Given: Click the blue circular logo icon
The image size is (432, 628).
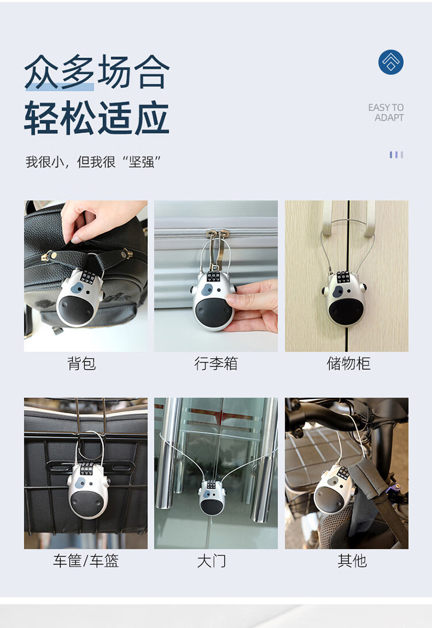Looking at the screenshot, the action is click(391, 62).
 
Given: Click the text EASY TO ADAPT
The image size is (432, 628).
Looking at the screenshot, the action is click(386, 113).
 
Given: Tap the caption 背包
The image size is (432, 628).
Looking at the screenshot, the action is click(82, 363).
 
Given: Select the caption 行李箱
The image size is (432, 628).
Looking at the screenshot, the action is click(216, 363).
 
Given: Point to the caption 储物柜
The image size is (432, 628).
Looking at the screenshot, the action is click(348, 363).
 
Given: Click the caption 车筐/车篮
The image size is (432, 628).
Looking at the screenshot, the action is click(86, 561).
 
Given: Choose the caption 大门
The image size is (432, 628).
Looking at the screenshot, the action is click(211, 561).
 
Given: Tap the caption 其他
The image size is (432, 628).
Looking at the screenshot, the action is click(352, 561).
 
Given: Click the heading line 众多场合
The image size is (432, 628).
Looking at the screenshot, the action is click(97, 72).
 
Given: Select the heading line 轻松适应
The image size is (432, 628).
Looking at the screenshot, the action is click(97, 118).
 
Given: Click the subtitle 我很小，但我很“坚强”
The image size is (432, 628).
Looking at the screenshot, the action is click(93, 162).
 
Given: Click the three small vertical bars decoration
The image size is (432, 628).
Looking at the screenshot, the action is click(396, 155).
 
